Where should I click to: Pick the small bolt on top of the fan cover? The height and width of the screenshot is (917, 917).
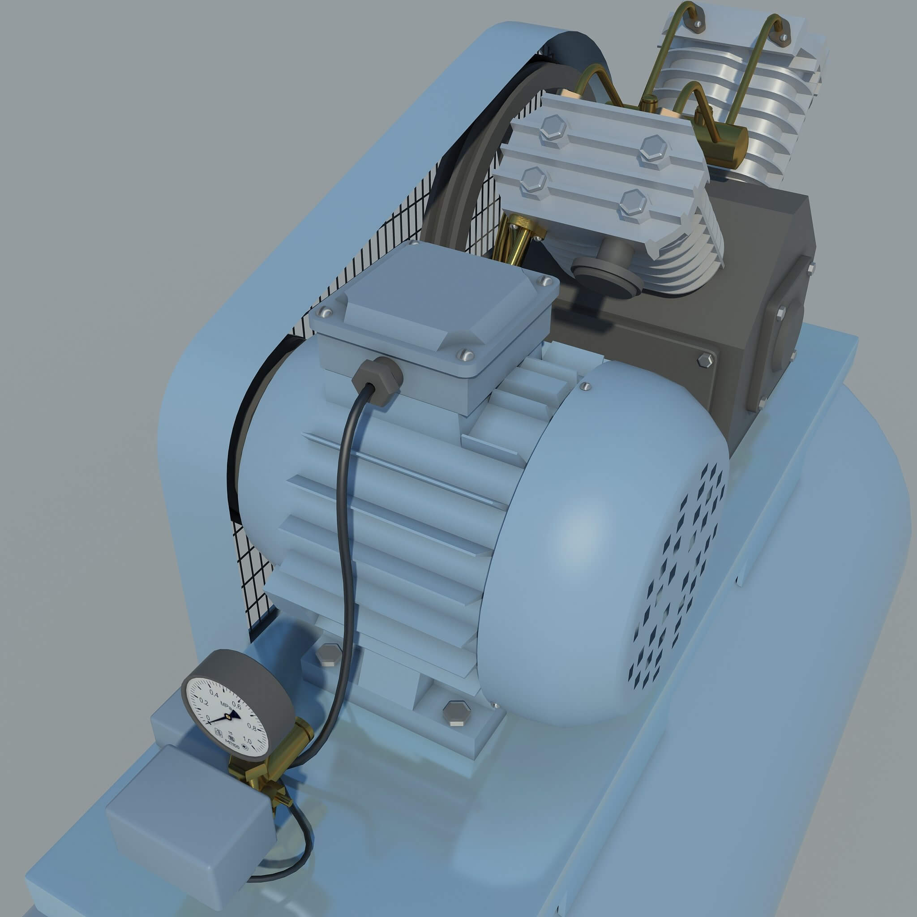[586, 387]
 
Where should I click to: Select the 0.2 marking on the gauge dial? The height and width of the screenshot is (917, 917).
[204, 702]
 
